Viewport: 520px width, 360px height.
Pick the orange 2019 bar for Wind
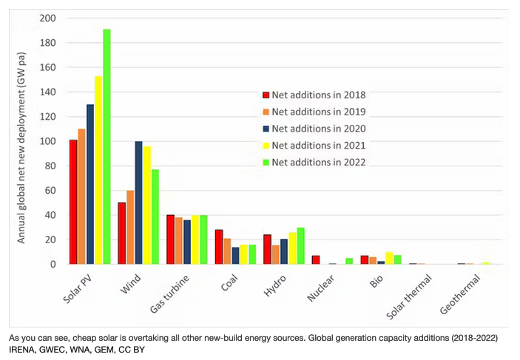[x=130, y=227]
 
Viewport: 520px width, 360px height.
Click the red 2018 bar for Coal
[x=219, y=247]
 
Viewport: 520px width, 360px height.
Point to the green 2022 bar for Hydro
[x=300, y=245]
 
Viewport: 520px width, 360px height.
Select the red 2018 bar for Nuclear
[x=316, y=259]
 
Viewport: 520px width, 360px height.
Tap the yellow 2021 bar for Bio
[x=389, y=258]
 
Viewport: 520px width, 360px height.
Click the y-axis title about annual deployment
[x=22, y=140]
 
